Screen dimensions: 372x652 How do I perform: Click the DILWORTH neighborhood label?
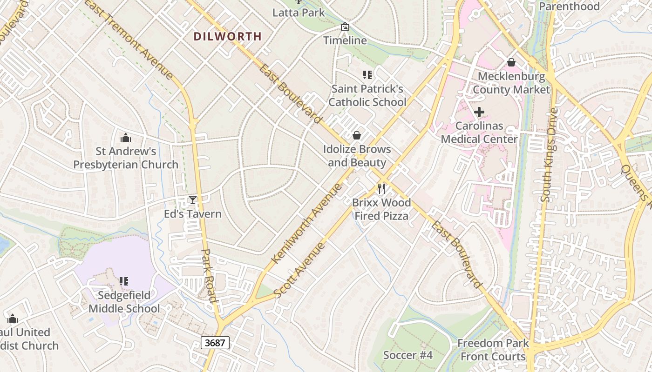coord(227,36)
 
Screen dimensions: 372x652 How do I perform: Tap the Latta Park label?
coord(299,13)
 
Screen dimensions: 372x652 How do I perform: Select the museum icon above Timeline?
coord(345,27)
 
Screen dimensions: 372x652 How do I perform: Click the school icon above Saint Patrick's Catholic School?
coord(367,74)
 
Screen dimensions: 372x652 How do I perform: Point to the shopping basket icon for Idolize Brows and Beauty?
coord(357,135)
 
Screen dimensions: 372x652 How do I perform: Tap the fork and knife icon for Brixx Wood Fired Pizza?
coord(381,188)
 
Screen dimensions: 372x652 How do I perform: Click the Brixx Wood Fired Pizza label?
coord(381,209)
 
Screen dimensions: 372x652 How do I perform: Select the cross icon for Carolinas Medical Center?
coord(479,112)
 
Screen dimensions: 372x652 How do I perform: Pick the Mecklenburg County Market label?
coord(511,83)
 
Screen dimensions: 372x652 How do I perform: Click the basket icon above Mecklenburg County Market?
coord(511,62)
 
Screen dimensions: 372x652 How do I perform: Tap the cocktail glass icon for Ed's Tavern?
coord(193,200)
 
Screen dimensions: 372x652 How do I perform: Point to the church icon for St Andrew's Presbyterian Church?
coord(125,138)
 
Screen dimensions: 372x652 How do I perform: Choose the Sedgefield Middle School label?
coord(124,302)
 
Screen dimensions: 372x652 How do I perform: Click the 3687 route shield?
coord(215,343)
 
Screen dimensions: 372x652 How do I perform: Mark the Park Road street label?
coord(209,275)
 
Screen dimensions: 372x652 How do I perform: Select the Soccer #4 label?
coord(408,355)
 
